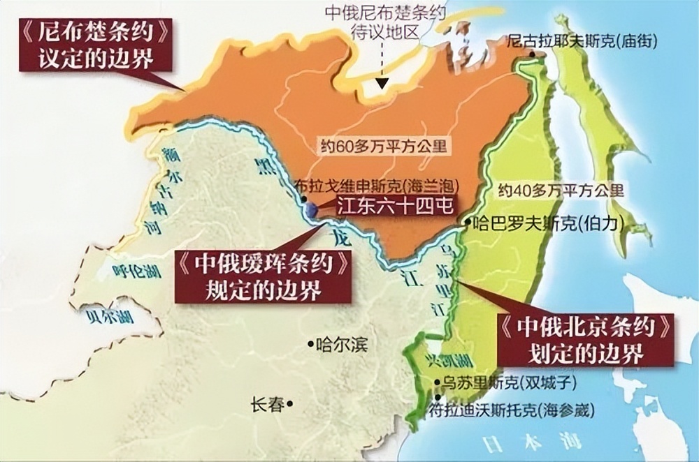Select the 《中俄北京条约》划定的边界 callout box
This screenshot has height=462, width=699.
(x=586, y=340)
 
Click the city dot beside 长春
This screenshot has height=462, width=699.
(x=289, y=403)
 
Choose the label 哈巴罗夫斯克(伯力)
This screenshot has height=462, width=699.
(x=549, y=223)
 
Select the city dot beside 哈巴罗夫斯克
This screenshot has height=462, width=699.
(x=468, y=223)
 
